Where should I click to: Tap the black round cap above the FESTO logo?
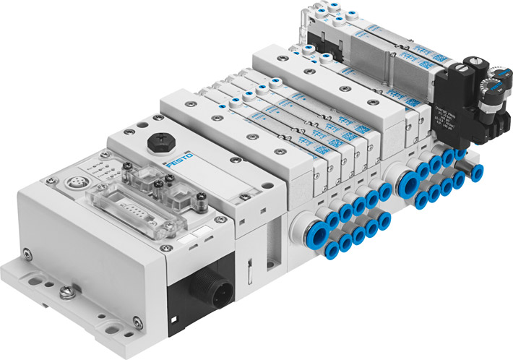pyautogui.click(x=155, y=144)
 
